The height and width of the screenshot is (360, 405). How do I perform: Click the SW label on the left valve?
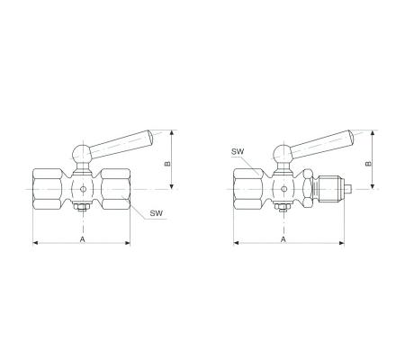tap(157, 213)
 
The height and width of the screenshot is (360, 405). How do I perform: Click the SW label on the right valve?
tap(238, 151)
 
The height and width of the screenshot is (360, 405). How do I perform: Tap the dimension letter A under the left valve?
tap(82, 239)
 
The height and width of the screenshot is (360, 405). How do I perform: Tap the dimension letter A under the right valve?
tap(283, 239)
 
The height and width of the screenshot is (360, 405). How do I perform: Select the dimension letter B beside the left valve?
tap(167, 164)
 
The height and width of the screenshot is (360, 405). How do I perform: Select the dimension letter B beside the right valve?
tap(368, 164)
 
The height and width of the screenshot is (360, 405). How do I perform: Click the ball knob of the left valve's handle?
tap(82, 153)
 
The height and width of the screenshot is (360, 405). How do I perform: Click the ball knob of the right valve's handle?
tap(283, 153)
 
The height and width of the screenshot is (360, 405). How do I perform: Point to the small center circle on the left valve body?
tap(83, 189)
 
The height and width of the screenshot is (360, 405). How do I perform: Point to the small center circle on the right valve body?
tap(283, 189)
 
